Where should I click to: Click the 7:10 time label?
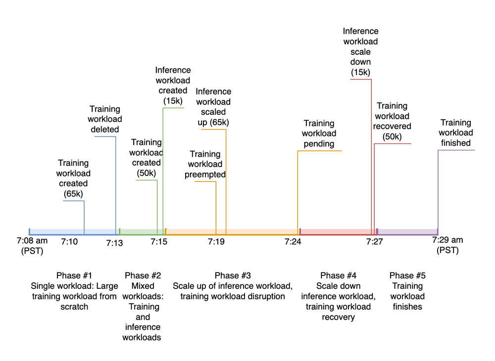click(x=69, y=242)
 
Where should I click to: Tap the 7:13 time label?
click(x=115, y=242)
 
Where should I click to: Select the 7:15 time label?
click(x=159, y=242)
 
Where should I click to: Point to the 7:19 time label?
click(x=216, y=242)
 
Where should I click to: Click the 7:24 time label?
click(x=293, y=242)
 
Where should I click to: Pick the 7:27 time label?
click(x=374, y=242)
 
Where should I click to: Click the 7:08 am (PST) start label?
click(x=32, y=246)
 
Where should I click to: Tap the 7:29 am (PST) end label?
click(x=447, y=245)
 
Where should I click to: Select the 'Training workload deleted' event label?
click(x=105, y=119)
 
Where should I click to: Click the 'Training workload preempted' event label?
click(x=205, y=164)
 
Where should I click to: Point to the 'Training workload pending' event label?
click(x=319, y=134)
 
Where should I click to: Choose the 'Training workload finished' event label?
click(x=455, y=133)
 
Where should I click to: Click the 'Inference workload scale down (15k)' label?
click(x=360, y=51)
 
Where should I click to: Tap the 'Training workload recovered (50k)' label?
click(x=392, y=121)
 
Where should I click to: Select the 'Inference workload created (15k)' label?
click(x=173, y=86)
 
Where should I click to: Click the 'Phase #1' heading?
click(x=74, y=275)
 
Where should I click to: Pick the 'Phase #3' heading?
click(x=233, y=275)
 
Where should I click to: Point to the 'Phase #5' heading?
click(x=407, y=275)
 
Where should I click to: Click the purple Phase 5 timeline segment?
click(x=407, y=232)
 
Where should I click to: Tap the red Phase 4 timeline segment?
click(x=336, y=232)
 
